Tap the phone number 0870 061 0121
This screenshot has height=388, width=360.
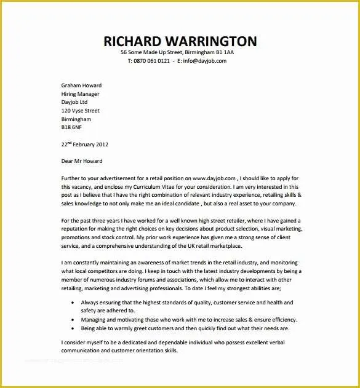(x=152, y=61)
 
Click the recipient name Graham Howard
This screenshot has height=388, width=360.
(x=81, y=85)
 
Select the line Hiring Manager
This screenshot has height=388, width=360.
(x=80, y=94)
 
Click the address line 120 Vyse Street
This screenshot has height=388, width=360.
(x=80, y=111)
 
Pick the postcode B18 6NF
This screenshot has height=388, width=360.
(x=71, y=127)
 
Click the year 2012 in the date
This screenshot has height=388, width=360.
(x=100, y=145)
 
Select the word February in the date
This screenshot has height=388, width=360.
(x=81, y=145)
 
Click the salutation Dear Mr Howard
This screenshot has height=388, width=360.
(x=82, y=161)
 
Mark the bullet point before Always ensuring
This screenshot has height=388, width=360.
(x=73, y=303)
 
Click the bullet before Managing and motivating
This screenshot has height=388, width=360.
(x=73, y=320)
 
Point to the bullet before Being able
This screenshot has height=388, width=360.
(x=73, y=328)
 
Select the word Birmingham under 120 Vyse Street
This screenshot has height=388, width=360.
(x=76, y=119)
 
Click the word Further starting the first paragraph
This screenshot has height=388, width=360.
(x=73, y=178)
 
